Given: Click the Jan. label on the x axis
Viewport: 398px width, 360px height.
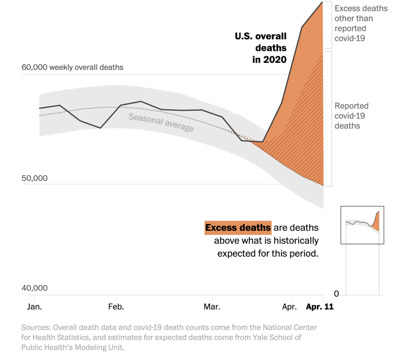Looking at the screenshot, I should click(x=35, y=307).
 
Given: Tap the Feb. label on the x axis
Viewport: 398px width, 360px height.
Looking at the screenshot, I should click(x=116, y=307).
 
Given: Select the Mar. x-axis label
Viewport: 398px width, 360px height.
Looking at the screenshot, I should click(x=212, y=307).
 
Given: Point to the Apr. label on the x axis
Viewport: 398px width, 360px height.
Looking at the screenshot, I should click(x=290, y=307).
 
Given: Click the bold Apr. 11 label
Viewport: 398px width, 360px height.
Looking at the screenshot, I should click(x=319, y=307).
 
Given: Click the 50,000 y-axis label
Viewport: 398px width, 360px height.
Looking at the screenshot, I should click(x=35, y=178).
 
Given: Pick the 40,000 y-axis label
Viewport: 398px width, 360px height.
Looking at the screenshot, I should click(x=35, y=288).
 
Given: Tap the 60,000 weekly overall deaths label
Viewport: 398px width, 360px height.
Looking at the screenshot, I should click(x=72, y=67).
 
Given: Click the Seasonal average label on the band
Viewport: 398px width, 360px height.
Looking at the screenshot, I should click(x=161, y=122).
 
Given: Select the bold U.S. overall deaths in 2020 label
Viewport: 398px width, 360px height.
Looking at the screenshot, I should click(x=261, y=48).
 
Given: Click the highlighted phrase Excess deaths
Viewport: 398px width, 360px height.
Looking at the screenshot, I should click(x=238, y=228).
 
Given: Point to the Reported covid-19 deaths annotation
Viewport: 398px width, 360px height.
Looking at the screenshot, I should click(x=352, y=116).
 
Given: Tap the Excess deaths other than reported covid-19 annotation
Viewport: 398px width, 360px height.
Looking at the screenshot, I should click(x=361, y=23).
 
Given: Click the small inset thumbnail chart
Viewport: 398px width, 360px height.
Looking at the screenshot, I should click(x=362, y=225).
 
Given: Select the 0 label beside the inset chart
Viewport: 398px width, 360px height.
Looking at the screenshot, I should click(x=337, y=294).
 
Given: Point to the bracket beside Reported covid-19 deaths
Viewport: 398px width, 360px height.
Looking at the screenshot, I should click(x=330, y=118).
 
